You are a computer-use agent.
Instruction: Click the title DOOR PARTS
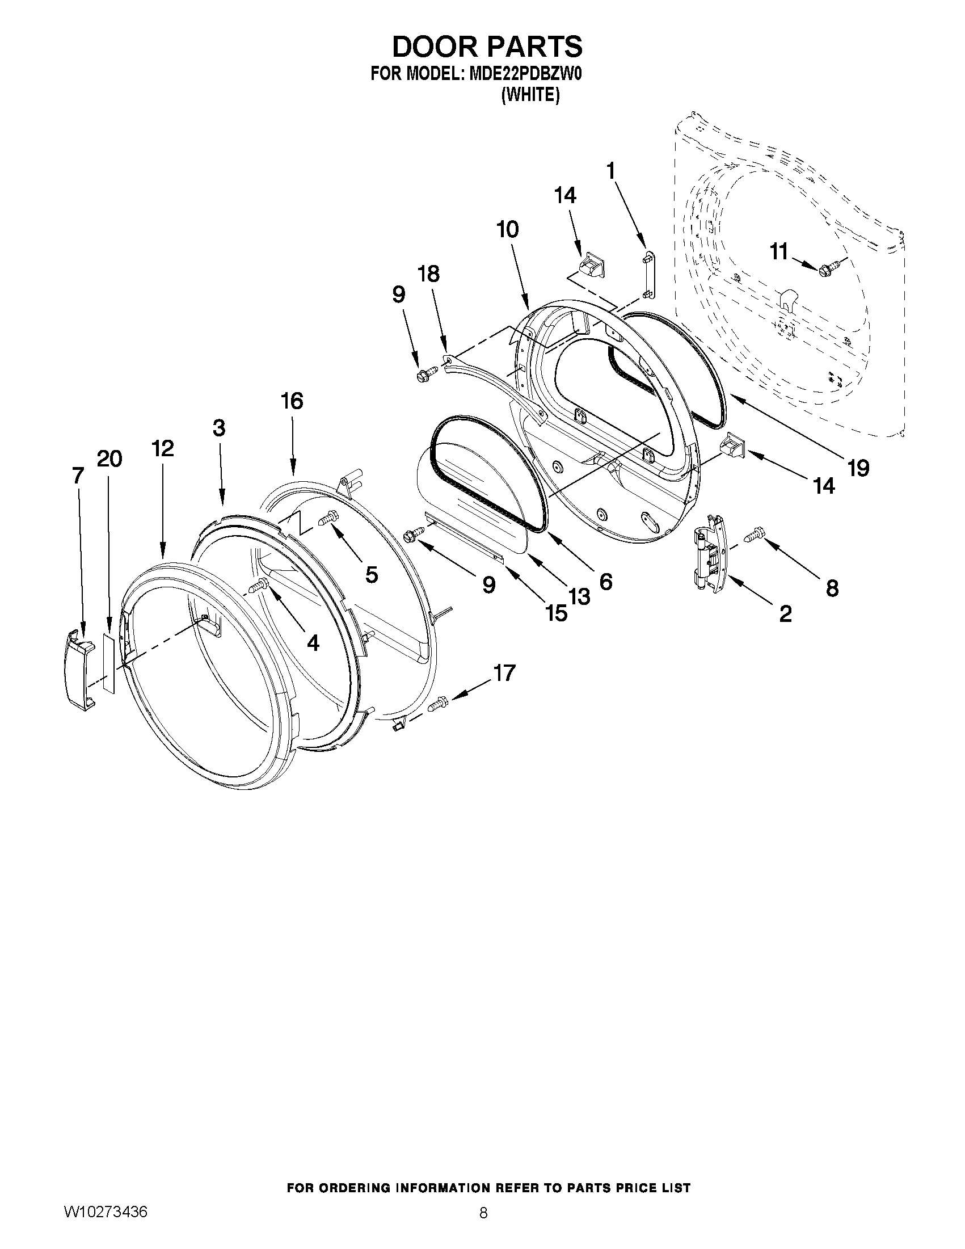487,47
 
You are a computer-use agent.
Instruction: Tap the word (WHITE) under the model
530,95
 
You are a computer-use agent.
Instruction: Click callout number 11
778,251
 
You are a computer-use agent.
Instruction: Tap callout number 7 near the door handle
78,475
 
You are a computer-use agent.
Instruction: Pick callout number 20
109,459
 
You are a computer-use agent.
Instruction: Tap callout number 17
504,673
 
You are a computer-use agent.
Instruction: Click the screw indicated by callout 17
437,703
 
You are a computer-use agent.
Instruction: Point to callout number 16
292,401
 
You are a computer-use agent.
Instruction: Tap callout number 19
858,468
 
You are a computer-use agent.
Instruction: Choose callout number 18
429,274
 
